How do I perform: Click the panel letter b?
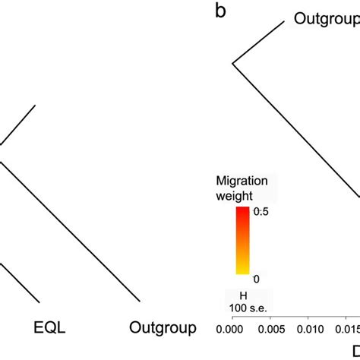pyautogui.click(x=220, y=12)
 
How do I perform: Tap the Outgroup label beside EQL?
pyautogui.click(x=163, y=327)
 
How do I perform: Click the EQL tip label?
pyautogui.click(x=50, y=327)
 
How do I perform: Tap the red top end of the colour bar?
pyautogui.click(x=242, y=210)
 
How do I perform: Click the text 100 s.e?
pyautogui.click(x=245, y=308)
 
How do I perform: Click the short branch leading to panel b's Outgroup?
pyautogui.click(x=258, y=43)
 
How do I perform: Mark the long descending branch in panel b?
pyautogui.click(x=296, y=129)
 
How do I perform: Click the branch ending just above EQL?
pyautogui.click(x=19, y=281)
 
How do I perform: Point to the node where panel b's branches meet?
pyautogui.click(x=232, y=64)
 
